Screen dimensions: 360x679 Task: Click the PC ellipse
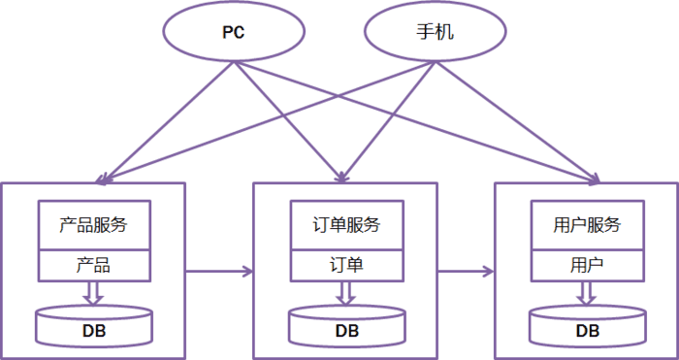(x=233, y=32)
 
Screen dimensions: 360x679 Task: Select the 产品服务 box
(x=93, y=225)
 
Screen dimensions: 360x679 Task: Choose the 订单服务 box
(x=347, y=225)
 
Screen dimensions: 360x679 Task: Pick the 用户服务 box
(x=586, y=225)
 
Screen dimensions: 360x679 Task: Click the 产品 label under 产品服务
(x=93, y=264)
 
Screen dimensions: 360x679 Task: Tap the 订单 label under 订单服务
(x=347, y=264)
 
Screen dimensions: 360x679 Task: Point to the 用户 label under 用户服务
(x=586, y=264)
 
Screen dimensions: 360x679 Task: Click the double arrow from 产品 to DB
(x=93, y=292)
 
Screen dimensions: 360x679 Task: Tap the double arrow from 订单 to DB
(x=347, y=292)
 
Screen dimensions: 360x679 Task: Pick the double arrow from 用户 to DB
(x=587, y=292)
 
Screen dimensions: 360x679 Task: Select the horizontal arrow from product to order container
(x=217, y=271)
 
